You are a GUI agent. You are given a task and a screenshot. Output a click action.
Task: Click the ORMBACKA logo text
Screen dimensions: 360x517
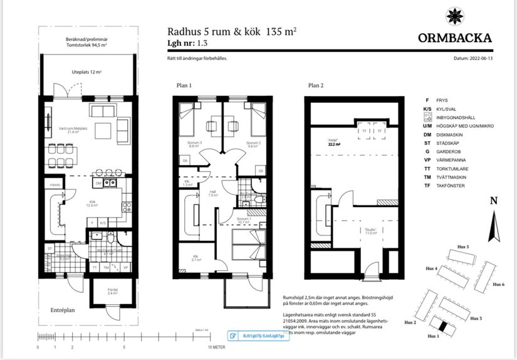[x=455, y=38]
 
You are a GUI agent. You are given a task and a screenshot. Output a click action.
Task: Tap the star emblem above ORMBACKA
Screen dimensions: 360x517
[x=454, y=15]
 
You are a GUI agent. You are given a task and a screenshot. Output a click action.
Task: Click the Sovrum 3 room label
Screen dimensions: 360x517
[x=186, y=144]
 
